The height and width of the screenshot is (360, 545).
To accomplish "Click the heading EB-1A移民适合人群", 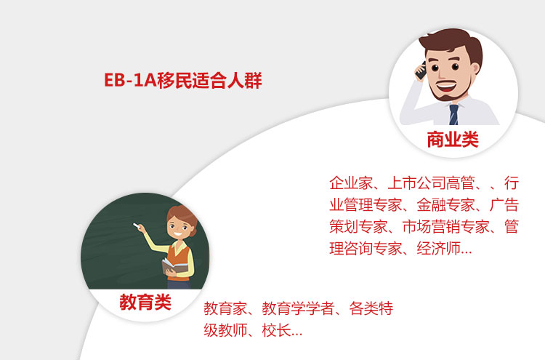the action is click(x=183, y=80).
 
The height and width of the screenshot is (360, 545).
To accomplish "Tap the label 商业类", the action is click(x=453, y=140).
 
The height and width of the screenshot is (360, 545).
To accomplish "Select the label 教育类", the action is click(x=145, y=302).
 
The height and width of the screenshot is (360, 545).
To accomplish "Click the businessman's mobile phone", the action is click(x=421, y=71).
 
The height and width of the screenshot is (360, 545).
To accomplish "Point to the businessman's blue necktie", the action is click(x=453, y=114).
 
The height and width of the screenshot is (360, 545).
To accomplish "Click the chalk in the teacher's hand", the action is click(x=136, y=225).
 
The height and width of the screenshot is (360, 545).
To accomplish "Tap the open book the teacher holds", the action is click(x=174, y=266).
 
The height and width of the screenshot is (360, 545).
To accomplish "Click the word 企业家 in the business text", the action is click(x=351, y=183).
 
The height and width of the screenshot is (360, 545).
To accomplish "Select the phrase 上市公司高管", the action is click(x=431, y=183).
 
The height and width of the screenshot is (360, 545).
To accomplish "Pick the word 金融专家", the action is click(x=445, y=205).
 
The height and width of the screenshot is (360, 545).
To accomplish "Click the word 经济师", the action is click(x=438, y=248).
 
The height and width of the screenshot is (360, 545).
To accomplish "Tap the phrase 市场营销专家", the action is click(x=445, y=227).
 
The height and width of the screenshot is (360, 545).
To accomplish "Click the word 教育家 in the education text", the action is click(x=225, y=308).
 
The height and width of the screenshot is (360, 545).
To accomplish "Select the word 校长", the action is click(x=276, y=330).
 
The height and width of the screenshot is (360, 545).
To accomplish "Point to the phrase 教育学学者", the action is click(x=298, y=308).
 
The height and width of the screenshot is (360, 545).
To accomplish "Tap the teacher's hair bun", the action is click(x=193, y=232).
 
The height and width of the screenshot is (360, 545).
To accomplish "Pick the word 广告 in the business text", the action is click(x=504, y=205).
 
